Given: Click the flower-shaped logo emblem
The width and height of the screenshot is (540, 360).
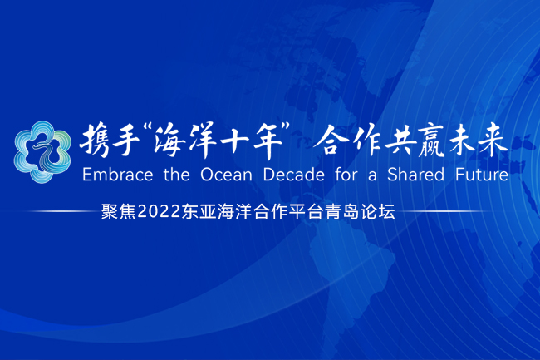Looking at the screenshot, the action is [x=42, y=152].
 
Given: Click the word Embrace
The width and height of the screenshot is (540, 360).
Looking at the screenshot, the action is [x=117, y=175].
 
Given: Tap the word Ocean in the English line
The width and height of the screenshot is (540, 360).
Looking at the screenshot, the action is [x=226, y=175].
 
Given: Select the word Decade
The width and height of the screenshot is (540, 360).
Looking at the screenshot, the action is [x=294, y=175].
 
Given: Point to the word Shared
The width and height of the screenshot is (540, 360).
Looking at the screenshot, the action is [x=415, y=175].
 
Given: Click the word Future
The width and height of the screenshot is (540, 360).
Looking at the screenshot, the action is [x=482, y=175].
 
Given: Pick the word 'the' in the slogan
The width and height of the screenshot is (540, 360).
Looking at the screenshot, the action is [x=177, y=175].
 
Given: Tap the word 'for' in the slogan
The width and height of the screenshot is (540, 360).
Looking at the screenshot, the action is [x=346, y=175].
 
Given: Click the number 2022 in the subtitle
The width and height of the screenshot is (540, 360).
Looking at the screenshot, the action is [x=159, y=212].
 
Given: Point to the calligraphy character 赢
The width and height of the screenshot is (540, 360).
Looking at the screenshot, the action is [x=430, y=141].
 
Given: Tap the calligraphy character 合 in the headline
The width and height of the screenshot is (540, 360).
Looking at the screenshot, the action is [x=331, y=141].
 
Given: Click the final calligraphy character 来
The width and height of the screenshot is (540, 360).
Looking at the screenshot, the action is [x=493, y=141].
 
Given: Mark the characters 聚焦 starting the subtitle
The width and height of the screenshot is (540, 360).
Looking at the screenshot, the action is [x=119, y=212].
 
